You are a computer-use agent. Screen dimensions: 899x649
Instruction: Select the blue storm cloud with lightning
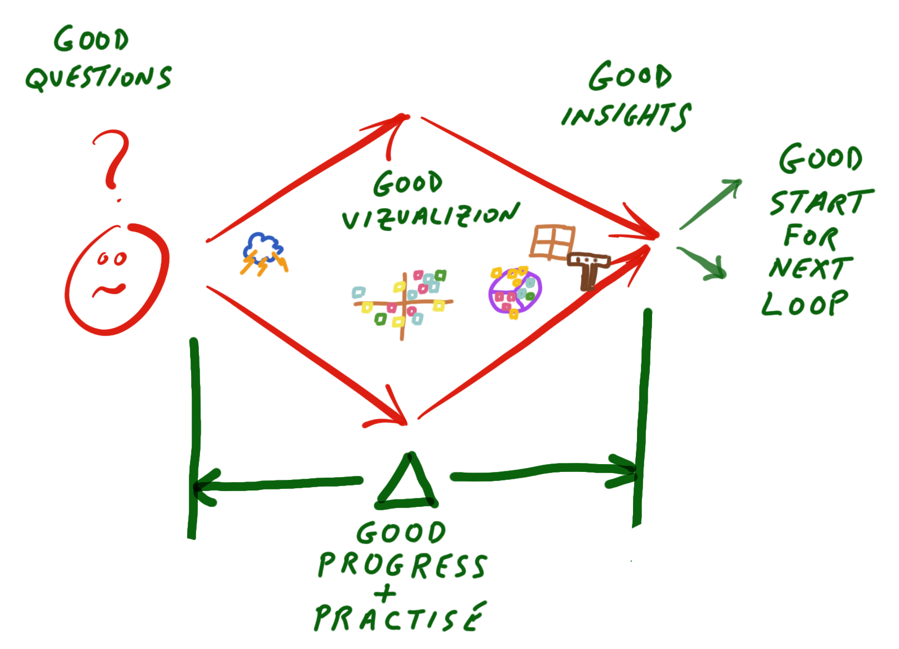pos(264,253)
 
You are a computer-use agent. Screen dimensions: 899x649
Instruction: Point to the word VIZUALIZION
pos(431,217)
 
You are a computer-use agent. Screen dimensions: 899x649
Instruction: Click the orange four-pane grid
pos(552,241)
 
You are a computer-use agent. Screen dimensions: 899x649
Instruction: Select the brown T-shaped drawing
pos(589,270)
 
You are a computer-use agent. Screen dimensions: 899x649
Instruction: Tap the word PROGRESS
pos(402,566)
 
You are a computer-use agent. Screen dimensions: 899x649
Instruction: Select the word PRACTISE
pos(400,617)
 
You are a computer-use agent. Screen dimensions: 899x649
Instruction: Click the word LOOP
pos(805,303)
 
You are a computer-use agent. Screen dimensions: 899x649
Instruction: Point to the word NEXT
pos(811,267)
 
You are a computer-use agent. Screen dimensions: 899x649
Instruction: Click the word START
pos(821,202)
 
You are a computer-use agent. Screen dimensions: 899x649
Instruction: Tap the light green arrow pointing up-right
pos(710,204)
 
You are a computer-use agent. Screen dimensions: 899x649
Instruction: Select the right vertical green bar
pos(643,418)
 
